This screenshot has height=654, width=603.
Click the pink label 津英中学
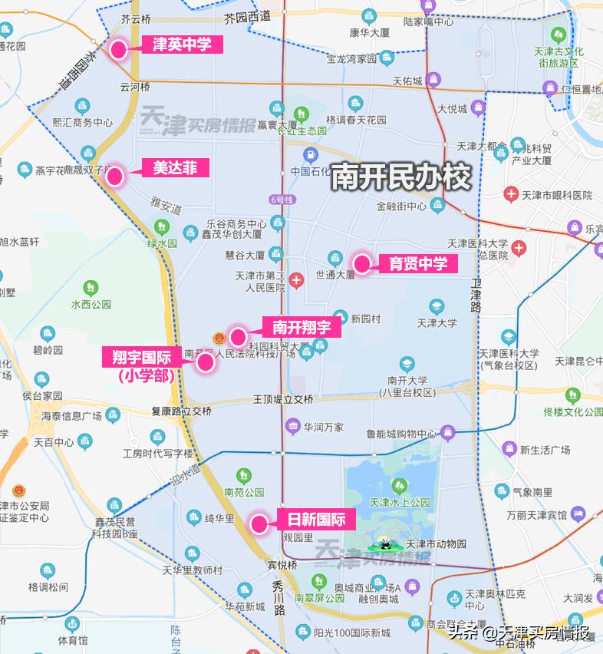182,45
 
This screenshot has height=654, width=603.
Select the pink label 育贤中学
417,264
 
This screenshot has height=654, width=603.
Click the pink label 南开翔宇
301,327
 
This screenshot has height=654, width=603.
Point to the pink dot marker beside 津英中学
119,51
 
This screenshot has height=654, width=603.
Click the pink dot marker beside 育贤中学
362,265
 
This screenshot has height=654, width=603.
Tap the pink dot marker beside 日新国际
259,525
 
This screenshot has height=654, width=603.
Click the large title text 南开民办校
400,178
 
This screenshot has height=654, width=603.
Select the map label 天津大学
437,323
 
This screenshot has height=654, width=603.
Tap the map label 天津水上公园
399,503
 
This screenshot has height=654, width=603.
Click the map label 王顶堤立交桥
283,399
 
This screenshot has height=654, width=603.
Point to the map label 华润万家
323,426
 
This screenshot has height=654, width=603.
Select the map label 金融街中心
401,206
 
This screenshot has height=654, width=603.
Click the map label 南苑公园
244,492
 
